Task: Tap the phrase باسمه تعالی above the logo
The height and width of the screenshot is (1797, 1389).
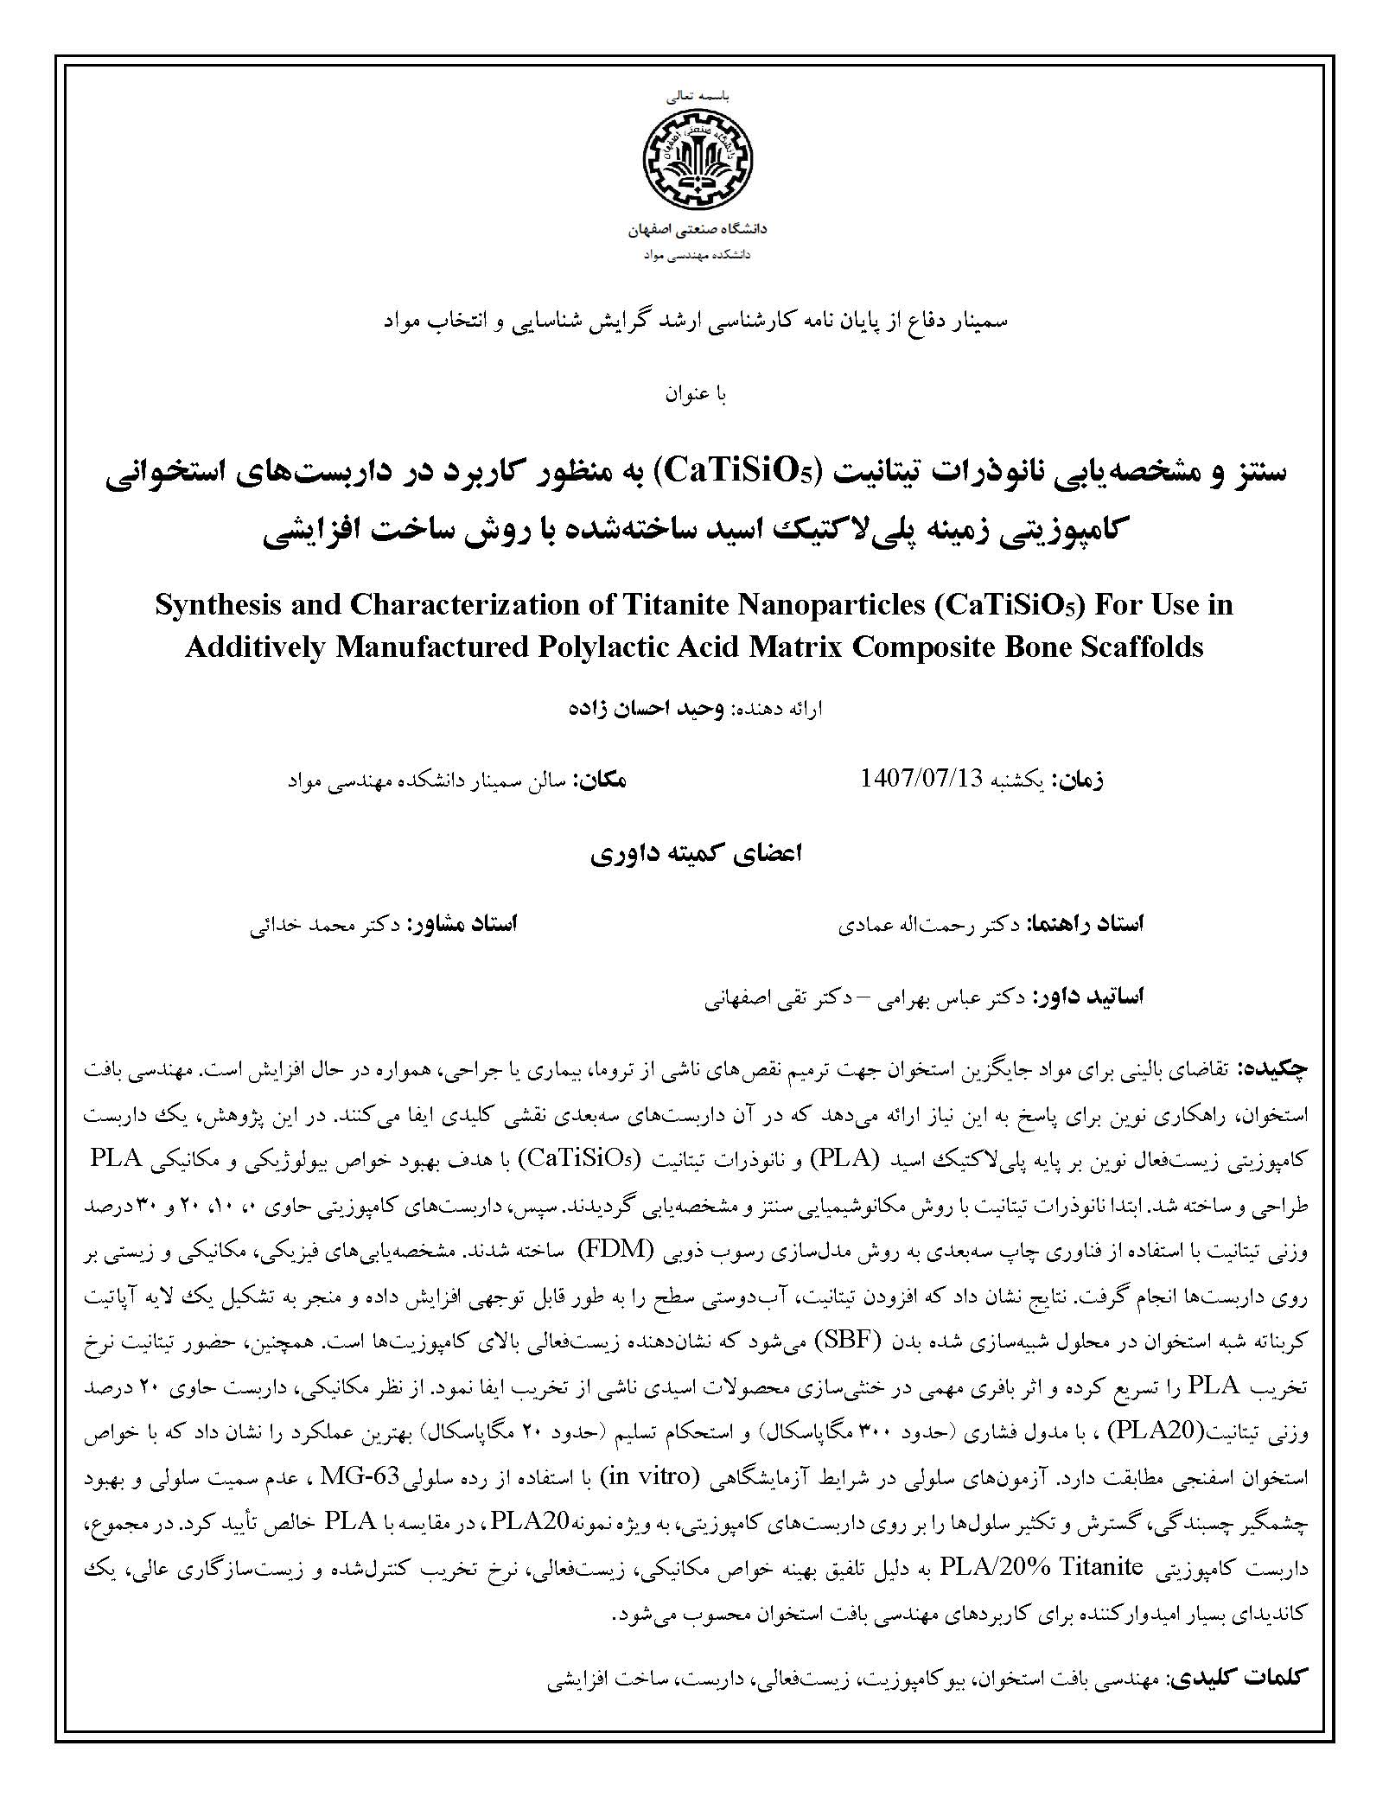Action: [x=696, y=99]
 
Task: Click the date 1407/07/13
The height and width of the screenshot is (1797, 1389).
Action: [x=922, y=778]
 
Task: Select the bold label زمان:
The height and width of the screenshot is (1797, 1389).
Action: [x=1078, y=780]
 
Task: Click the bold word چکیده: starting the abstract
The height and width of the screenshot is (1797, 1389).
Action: [x=1278, y=1068]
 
